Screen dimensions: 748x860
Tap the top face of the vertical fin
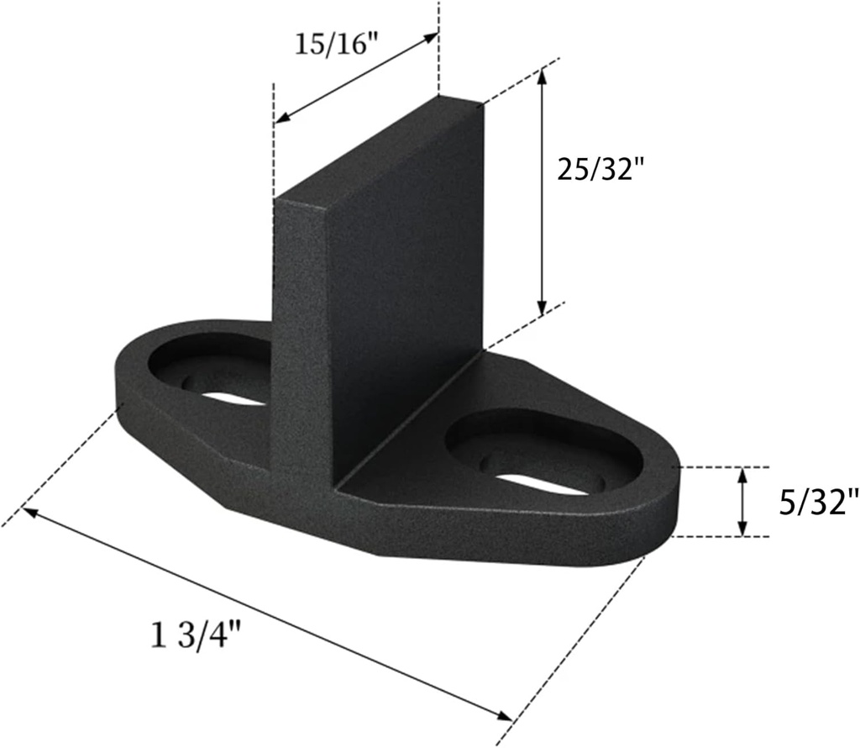pos(378,149)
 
